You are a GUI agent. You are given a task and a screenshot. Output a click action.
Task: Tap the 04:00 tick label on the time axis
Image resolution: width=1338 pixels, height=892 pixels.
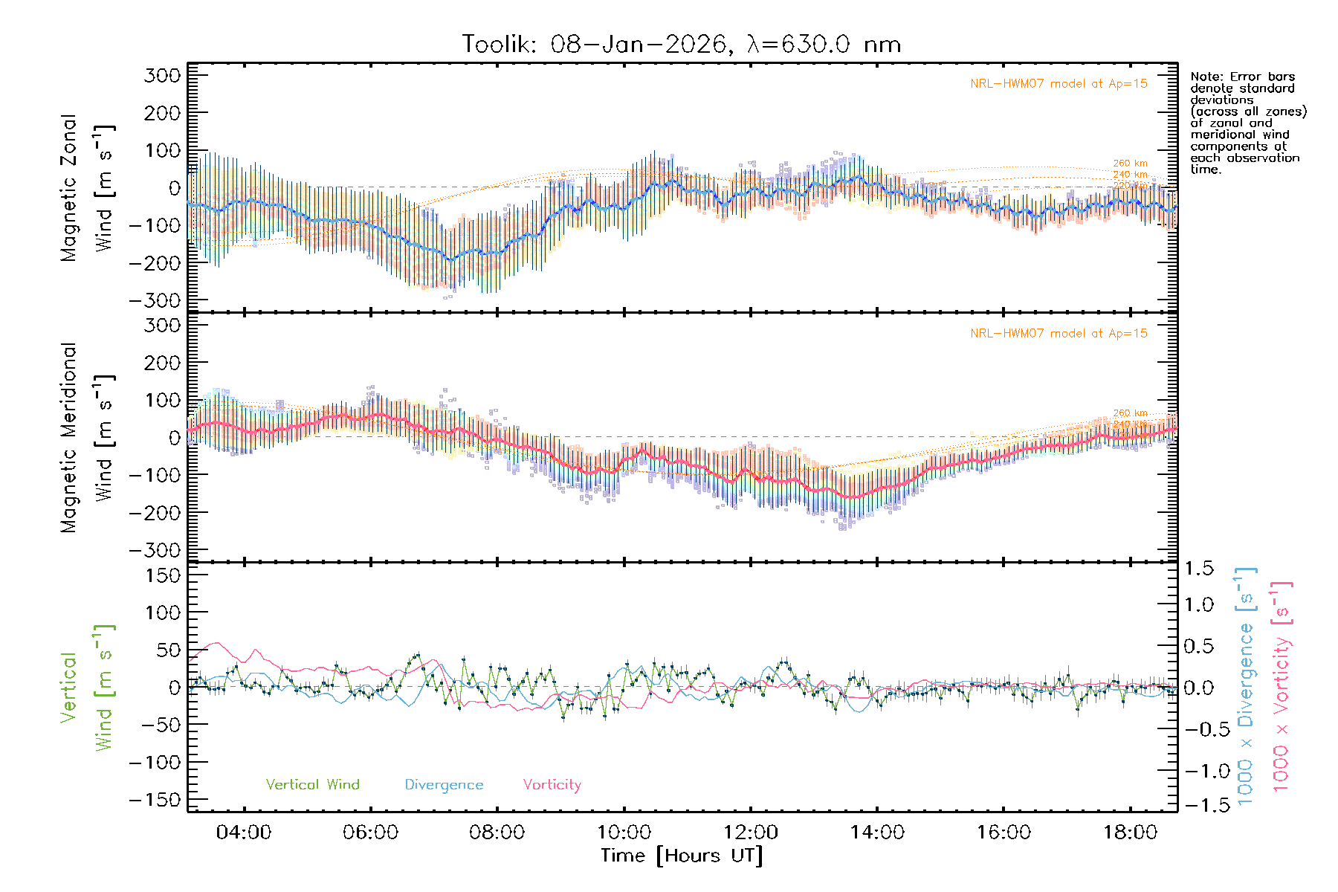click(x=243, y=833)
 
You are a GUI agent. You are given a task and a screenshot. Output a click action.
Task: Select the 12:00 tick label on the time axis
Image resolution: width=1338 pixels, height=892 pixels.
click(x=751, y=833)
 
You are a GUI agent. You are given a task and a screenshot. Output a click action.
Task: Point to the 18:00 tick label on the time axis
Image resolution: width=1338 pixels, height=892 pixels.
click(x=1131, y=833)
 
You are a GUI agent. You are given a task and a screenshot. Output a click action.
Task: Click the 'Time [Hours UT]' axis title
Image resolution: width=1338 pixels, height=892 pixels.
click(x=682, y=856)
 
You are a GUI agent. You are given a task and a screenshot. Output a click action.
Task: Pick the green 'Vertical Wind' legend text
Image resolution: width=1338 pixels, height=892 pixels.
click(x=312, y=785)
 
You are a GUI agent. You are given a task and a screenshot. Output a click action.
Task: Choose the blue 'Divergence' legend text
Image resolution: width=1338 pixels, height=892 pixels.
click(x=444, y=785)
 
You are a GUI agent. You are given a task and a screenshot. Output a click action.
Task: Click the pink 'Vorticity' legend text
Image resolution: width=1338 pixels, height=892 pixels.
click(x=552, y=785)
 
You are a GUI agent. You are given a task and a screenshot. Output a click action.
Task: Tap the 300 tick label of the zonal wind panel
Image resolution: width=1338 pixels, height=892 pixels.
click(x=163, y=75)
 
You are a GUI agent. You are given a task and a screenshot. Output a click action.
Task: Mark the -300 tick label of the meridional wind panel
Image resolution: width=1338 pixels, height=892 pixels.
click(x=155, y=550)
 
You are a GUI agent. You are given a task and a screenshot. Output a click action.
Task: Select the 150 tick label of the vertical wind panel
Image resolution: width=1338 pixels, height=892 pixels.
click(x=163, y=575)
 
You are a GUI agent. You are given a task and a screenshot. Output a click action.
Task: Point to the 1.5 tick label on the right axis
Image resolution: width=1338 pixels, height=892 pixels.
click(x=1199, y=569)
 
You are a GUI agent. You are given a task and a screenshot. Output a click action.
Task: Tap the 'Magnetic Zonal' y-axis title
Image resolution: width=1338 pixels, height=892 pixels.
click(x=69, y=188)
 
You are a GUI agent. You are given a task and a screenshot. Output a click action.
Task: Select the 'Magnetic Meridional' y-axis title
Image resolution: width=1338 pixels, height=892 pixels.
click(x=69, y=438)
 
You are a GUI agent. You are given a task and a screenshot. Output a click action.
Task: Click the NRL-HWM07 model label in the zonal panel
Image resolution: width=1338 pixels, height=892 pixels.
click(x=1059, y=84)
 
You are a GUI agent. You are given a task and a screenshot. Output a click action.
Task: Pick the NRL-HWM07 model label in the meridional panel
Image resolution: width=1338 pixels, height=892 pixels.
click(x=1059, y=334)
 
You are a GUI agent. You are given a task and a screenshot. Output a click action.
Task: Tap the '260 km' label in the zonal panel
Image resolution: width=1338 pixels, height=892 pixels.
click(x=1130, y=164)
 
